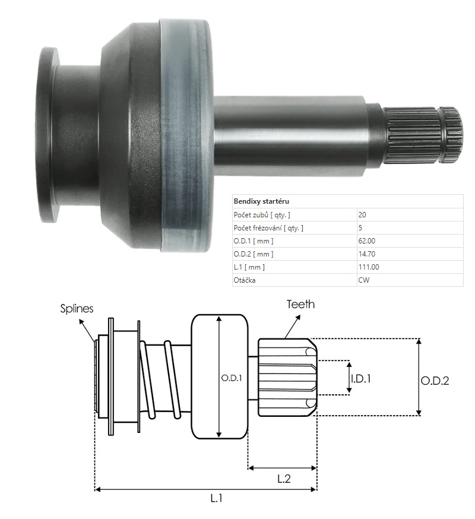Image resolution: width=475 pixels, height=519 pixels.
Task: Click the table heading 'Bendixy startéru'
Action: [x=261, y=202]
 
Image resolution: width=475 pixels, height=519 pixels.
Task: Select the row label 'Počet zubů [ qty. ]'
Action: [x=262, y=215]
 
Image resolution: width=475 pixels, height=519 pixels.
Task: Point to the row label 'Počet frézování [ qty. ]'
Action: [x=270, y=228]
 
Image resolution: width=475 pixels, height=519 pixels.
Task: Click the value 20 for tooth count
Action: [x=362, y=215]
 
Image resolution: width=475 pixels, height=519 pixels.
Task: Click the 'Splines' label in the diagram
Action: [x=77, y=309]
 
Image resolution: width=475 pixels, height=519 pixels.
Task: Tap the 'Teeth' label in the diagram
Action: [x=300, y=305]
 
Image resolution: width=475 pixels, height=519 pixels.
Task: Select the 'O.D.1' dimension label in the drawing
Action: [x=232, y=378]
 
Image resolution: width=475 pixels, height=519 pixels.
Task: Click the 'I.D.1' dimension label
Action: [x=360, y=378]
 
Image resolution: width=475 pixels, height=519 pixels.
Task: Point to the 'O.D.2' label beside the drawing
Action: [x=435, y=381]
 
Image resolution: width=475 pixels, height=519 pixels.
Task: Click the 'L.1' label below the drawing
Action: [x=217, y=499]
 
